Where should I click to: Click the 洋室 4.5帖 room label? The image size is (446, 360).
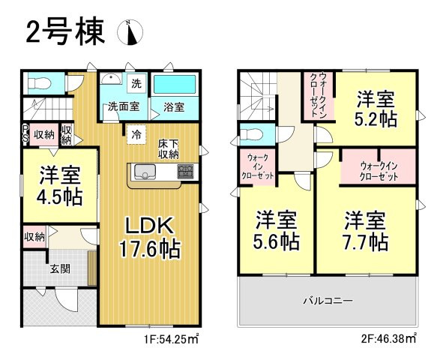(59, 187)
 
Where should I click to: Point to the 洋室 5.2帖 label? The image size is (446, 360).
(376, 109)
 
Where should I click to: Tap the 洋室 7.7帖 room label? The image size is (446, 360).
(366, 231)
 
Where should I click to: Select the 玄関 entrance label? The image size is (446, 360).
(60, 268)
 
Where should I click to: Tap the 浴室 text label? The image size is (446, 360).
(174, 107)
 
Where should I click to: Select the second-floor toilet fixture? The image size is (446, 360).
(253, 136)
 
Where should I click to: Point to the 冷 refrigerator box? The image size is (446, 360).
(137, 135)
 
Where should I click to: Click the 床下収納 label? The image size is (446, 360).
(167, 148)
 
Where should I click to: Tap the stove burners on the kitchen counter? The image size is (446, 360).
(185, 171)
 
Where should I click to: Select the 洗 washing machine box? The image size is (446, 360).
(136, 83)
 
